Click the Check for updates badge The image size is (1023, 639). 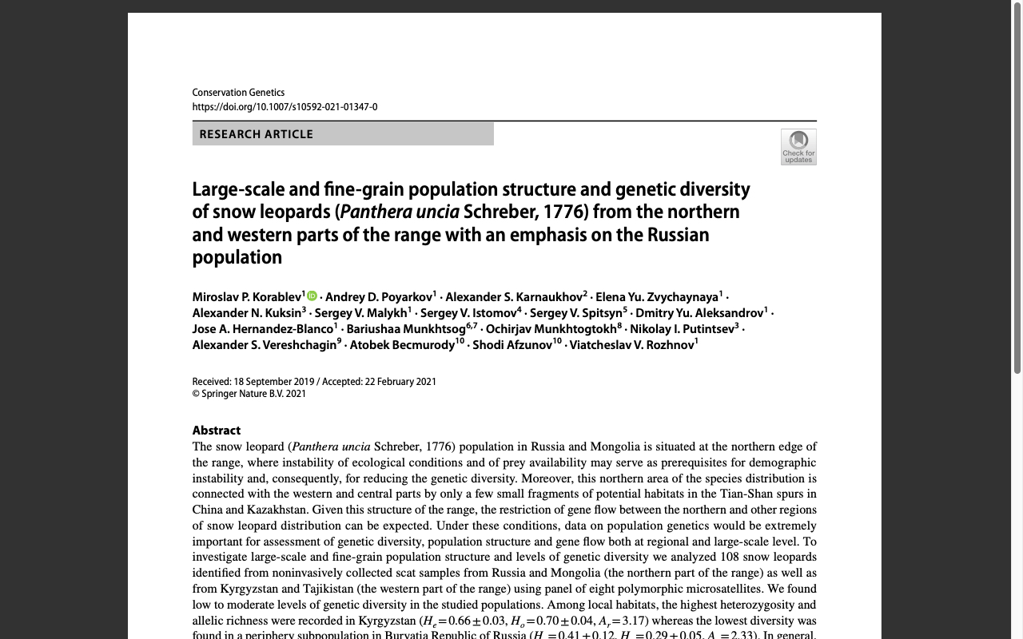pos(798,147)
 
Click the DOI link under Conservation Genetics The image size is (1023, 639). pos(285,107)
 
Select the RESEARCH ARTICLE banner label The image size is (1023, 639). pos(257,134)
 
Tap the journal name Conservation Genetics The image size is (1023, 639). pos(238,93)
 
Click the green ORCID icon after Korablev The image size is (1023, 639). pos(312,296)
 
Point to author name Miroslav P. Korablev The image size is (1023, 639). pos(246,297)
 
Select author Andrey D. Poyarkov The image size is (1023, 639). pos(379,297)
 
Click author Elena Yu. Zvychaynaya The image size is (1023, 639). pos(657,297)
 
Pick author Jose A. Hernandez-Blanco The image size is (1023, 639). pos(263,329)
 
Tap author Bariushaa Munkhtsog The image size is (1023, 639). pos(406,329)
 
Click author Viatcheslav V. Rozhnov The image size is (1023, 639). pos(631,345)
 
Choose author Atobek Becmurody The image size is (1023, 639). pos(402,345)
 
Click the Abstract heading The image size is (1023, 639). pos(217,431)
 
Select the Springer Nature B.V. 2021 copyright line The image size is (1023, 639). pos(249,394)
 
